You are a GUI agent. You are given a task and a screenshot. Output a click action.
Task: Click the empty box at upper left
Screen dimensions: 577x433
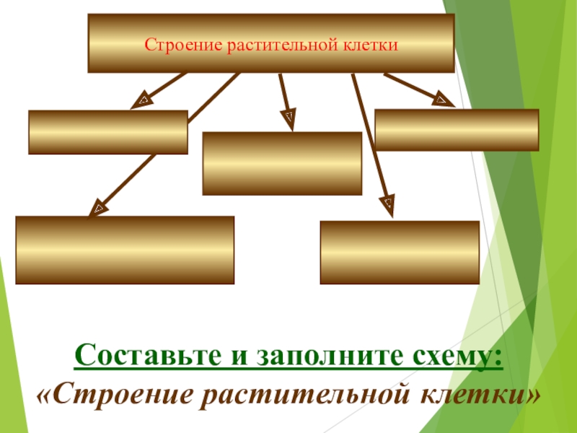(x=108, y=132)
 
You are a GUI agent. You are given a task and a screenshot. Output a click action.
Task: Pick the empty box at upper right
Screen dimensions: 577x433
(x=457, y=130)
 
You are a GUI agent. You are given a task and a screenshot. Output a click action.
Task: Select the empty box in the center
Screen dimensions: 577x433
(x=282, y=163)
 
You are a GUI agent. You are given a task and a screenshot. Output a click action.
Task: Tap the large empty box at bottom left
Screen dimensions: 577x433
(x=125, y=250)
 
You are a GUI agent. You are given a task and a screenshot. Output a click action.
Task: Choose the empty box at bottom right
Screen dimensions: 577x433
(x=399, y=253)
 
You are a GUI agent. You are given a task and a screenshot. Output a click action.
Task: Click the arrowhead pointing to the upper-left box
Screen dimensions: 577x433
(x=141, y=100)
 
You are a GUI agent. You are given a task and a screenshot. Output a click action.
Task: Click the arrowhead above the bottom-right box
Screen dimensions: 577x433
(x=388, y=204)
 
